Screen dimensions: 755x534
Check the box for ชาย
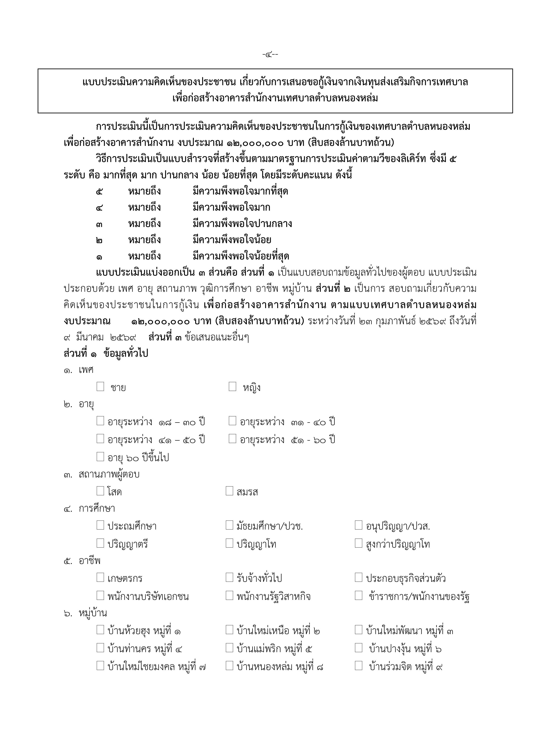100,386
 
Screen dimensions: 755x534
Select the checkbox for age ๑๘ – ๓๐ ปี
100,421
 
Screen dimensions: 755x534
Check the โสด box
100,491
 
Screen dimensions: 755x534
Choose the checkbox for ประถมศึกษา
100,525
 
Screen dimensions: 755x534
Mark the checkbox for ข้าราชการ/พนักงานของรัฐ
358,595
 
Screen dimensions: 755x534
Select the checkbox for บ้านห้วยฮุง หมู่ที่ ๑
100,630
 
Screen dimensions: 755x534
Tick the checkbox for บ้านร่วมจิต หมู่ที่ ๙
358,665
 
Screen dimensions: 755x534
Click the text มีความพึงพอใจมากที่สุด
240,191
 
